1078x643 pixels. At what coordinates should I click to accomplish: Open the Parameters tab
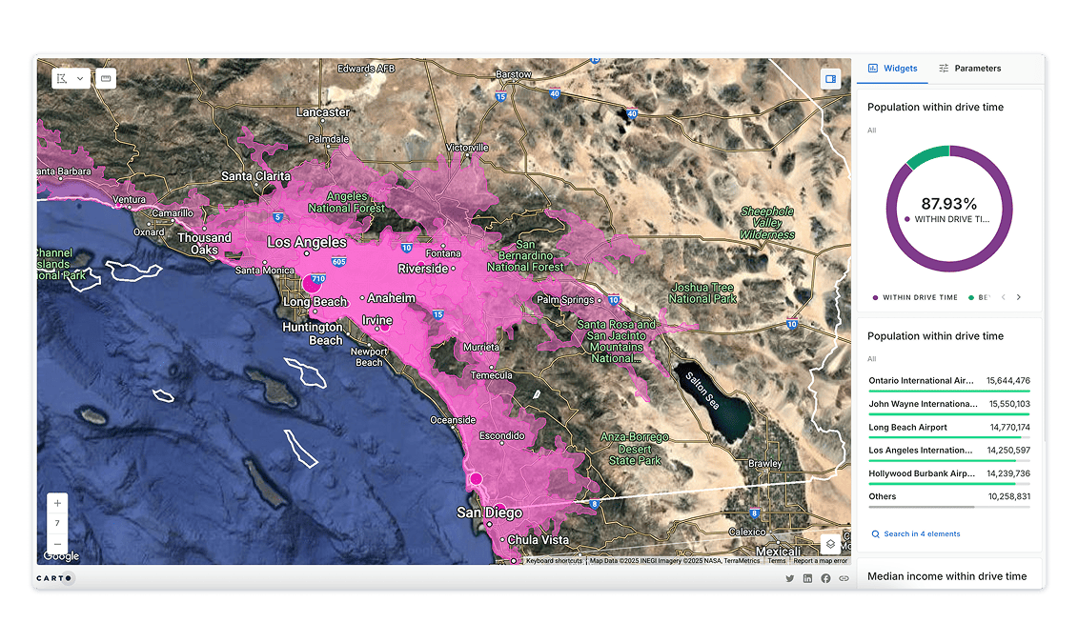tap(970, 69)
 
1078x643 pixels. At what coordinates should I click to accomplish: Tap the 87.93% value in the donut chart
tap(948, 203)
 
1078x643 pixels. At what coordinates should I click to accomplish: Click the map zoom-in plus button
tap(58, 503)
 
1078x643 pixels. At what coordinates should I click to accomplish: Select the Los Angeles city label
tap(306, 243)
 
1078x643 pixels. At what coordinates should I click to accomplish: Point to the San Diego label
tap(490, 513)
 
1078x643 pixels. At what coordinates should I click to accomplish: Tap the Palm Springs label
tap(565, 300)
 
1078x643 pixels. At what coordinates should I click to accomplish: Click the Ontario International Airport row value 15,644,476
tap(1007, 381)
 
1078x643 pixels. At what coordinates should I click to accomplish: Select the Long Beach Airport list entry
tap(907, 428)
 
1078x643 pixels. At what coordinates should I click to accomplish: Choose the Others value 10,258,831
tap(1007, 496)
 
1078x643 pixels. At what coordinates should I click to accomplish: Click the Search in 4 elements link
tap(921, 534)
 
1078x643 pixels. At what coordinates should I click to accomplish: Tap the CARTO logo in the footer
tap(54, 578)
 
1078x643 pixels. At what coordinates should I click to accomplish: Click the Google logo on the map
tap(61, 556)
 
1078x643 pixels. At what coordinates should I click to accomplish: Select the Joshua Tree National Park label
tap(702, 292)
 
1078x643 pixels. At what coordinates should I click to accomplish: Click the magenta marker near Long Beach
tap(312, 283)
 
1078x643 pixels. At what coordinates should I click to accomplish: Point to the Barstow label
tap(514, 74)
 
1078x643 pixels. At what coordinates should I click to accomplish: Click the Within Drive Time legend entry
tap(919, 297)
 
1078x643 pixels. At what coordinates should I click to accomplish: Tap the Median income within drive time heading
tap(946, 576)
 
